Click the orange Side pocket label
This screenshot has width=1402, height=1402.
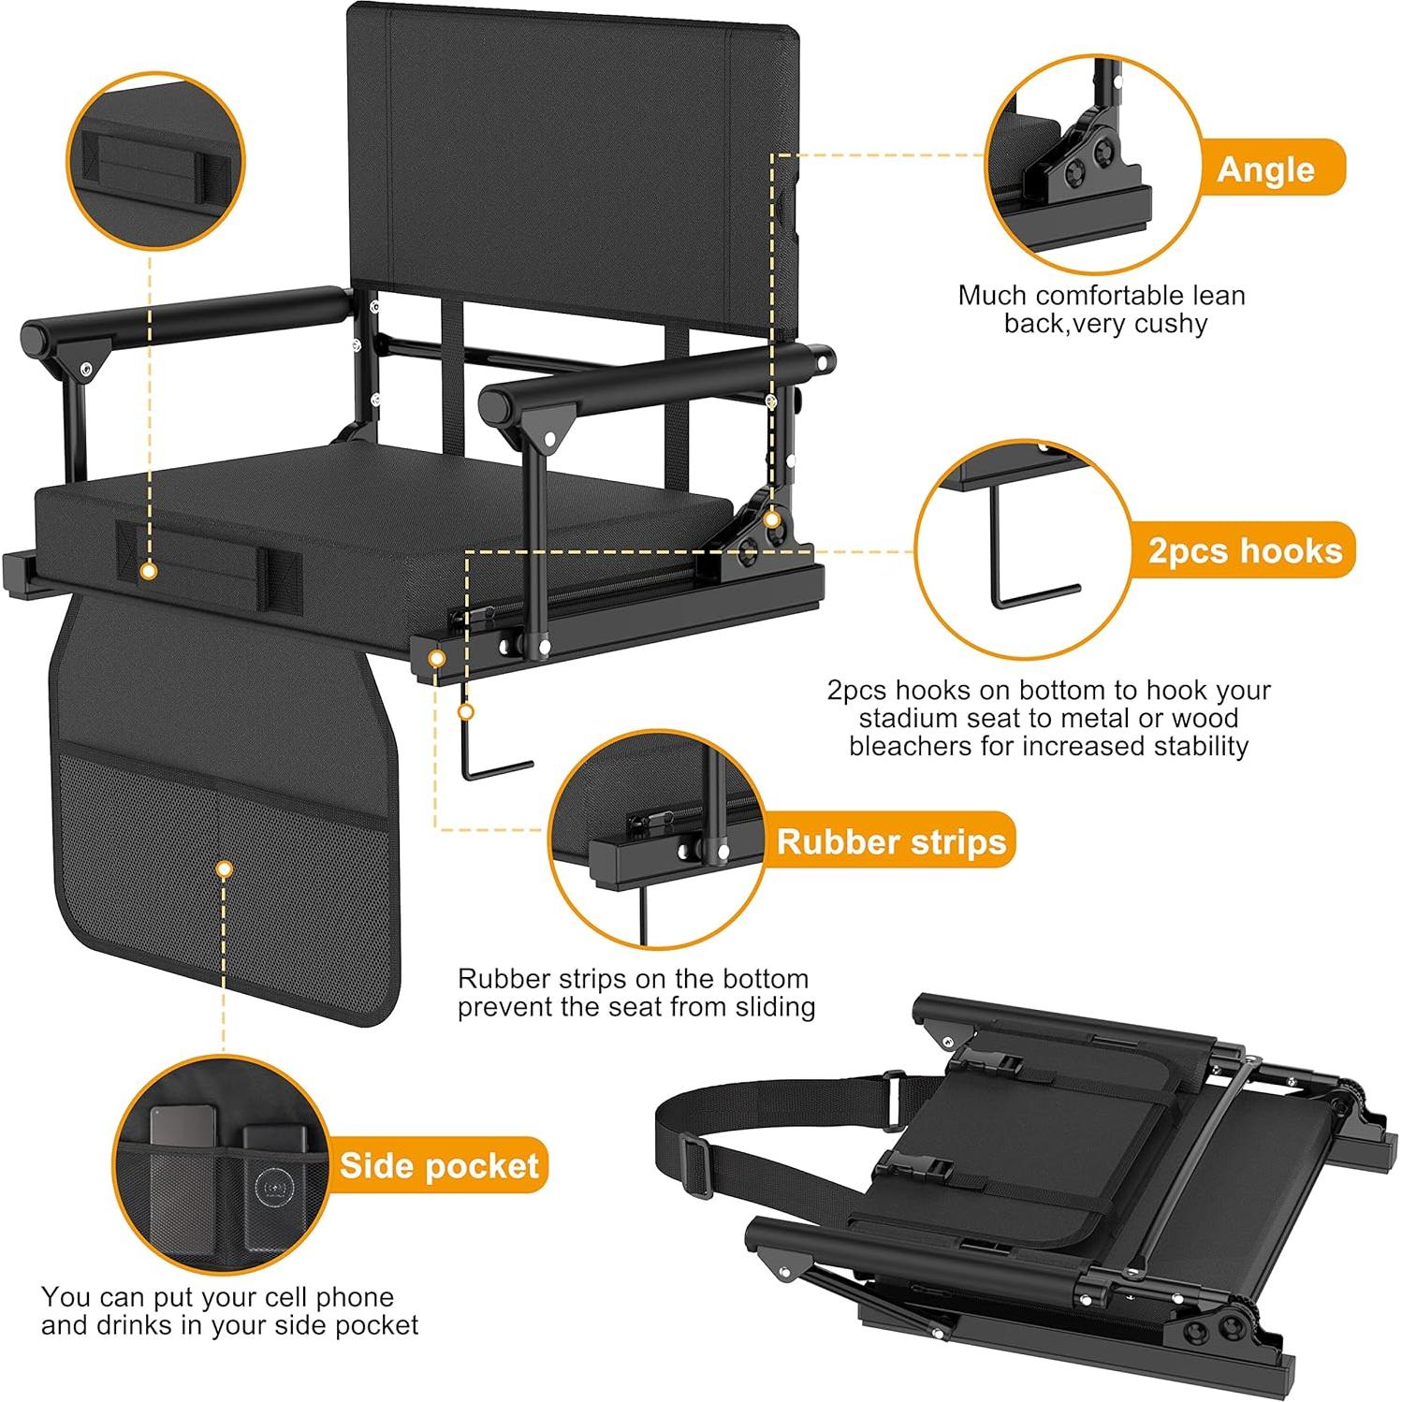pos(438,1165)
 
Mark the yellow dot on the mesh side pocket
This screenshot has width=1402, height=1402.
pos(224,869)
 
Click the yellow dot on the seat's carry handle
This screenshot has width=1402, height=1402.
pos(147,569)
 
